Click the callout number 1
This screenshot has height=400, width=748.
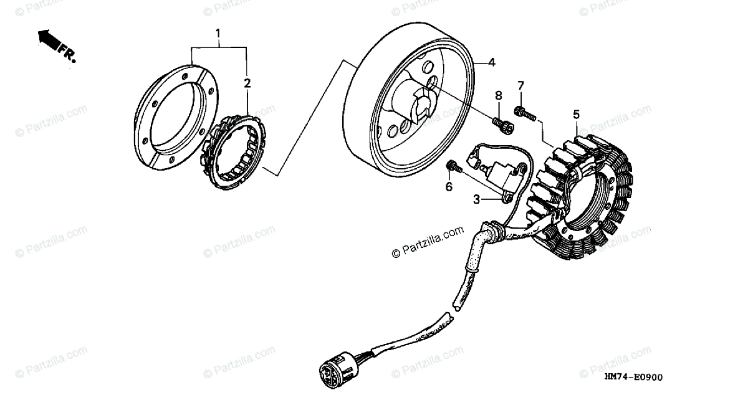point(218,32)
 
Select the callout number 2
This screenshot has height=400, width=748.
point(247,83)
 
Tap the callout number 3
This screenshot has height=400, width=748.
point(476,199)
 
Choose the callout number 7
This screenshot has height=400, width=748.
point(520,85)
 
